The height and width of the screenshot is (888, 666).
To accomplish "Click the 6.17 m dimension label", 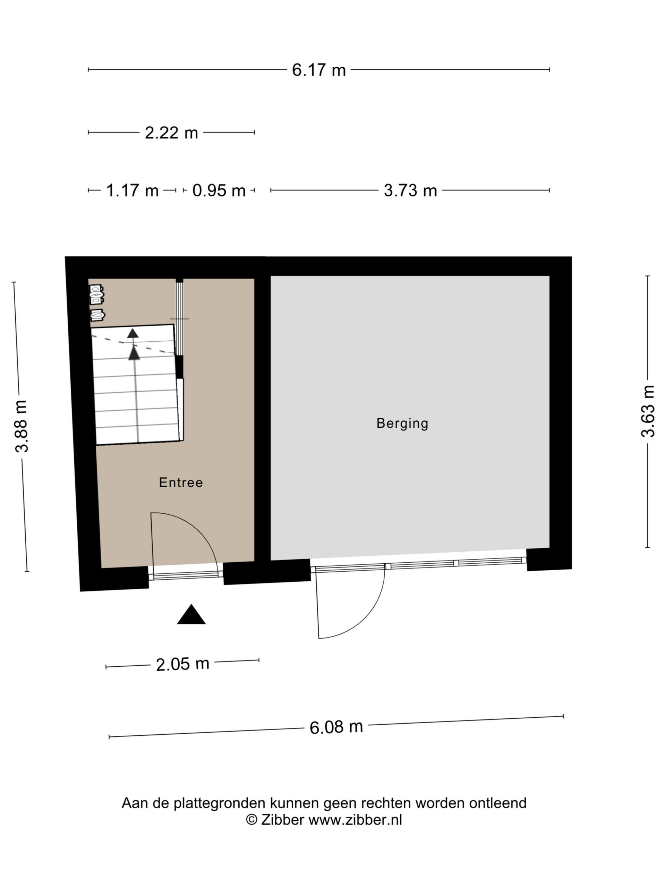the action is click(x=318, y=70).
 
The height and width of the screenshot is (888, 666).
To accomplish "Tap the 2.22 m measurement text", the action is click(x=171, y=133).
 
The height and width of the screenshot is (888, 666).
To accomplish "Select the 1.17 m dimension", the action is click(x=132, y=190).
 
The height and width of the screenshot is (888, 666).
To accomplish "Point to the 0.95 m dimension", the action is click(x=219, y=190).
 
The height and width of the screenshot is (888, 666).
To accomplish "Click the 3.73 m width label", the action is click(x=410, y=190).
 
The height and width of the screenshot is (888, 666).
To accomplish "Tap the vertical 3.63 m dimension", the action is click(x=648, y=411).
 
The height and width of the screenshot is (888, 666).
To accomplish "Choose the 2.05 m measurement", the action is click(x=183, y=664).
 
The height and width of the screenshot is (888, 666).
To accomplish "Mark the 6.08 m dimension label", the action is click(x=336, y=727).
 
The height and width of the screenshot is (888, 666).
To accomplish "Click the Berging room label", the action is click(x=402, y=424).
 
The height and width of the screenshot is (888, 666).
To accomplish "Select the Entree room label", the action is click(x=181, y=482).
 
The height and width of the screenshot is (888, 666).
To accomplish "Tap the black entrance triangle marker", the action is click(x=191, y=614).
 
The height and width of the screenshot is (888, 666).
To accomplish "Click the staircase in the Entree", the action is click(x=136, y=384).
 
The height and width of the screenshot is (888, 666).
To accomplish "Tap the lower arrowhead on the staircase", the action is click(x=135, y=353).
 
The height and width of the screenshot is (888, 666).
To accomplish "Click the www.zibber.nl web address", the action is click(x=355, y=819).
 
